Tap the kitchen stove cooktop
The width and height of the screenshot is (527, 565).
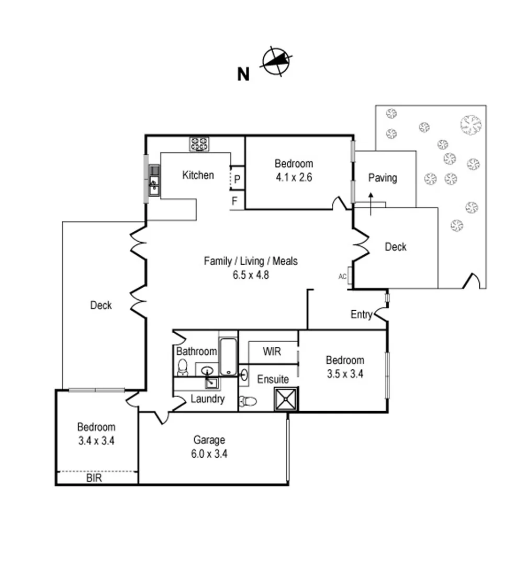click(200, 144)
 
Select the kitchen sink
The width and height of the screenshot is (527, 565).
click(154, 183)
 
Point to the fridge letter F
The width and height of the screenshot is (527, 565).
click(235, 200)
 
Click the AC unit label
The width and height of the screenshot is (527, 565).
click(342, 276)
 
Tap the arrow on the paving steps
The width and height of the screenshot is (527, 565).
click(371, 204)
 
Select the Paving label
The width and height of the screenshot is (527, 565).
click(383, 178)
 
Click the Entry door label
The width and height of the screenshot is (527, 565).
click(361, 314)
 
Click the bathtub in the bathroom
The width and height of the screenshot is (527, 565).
click(228, 357)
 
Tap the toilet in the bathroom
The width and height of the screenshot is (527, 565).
click(183, 368)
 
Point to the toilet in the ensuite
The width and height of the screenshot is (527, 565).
click(248, 402)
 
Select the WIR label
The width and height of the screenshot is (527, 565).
click(272, 352)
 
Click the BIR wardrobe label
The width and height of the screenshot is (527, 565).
click(94, 478)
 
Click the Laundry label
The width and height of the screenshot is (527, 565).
click(207, 399)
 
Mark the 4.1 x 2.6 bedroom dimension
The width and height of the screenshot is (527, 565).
click(294, 177)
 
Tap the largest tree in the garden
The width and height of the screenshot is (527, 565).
click(470, 124)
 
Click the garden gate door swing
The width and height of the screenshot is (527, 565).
click(472, 281)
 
